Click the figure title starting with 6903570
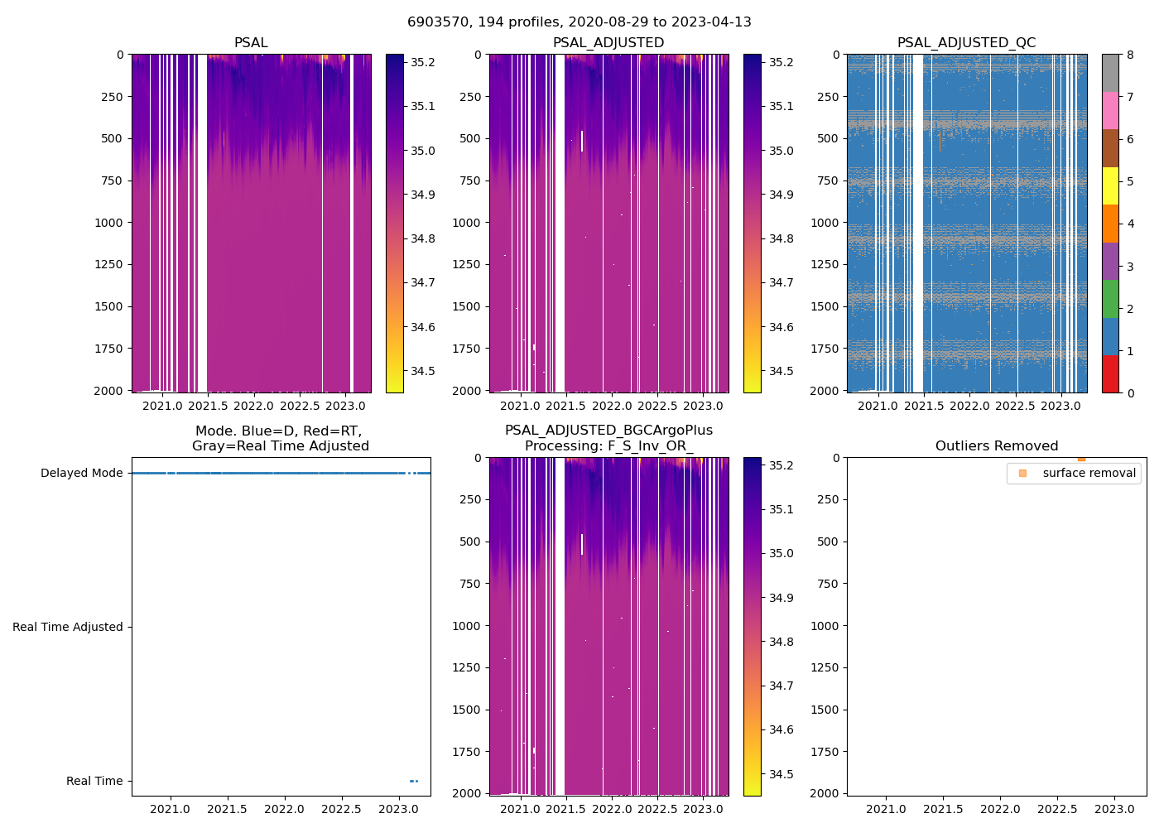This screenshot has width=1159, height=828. click(x=579, y=22)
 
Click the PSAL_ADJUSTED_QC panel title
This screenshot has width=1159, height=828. click(x=966, y=43)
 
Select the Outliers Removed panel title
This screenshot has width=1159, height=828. click(x=996, y=446)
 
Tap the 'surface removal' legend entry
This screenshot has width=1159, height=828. click(x=1089, y=473)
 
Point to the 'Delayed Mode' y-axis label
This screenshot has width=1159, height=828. click(x=81, y=474)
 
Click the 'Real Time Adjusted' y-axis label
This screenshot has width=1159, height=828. click(x=67, y=628)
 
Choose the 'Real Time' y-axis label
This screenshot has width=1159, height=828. click(x=94, y=782)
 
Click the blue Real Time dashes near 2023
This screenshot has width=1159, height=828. click(x=414, y=781)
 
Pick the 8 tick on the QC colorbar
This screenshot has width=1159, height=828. click(x=1130, y=55)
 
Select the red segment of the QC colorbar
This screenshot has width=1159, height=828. click(x=1110, y=374)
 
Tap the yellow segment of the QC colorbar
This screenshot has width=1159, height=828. click(x=1110, y=186)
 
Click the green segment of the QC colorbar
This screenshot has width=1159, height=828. click(x=1110, y=299)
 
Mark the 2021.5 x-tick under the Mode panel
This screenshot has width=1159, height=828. click(x=227, y=809)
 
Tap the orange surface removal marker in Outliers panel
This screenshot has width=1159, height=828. click(x=1081, y=459)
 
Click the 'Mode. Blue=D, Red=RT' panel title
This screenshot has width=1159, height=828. click(x=280, y=439)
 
